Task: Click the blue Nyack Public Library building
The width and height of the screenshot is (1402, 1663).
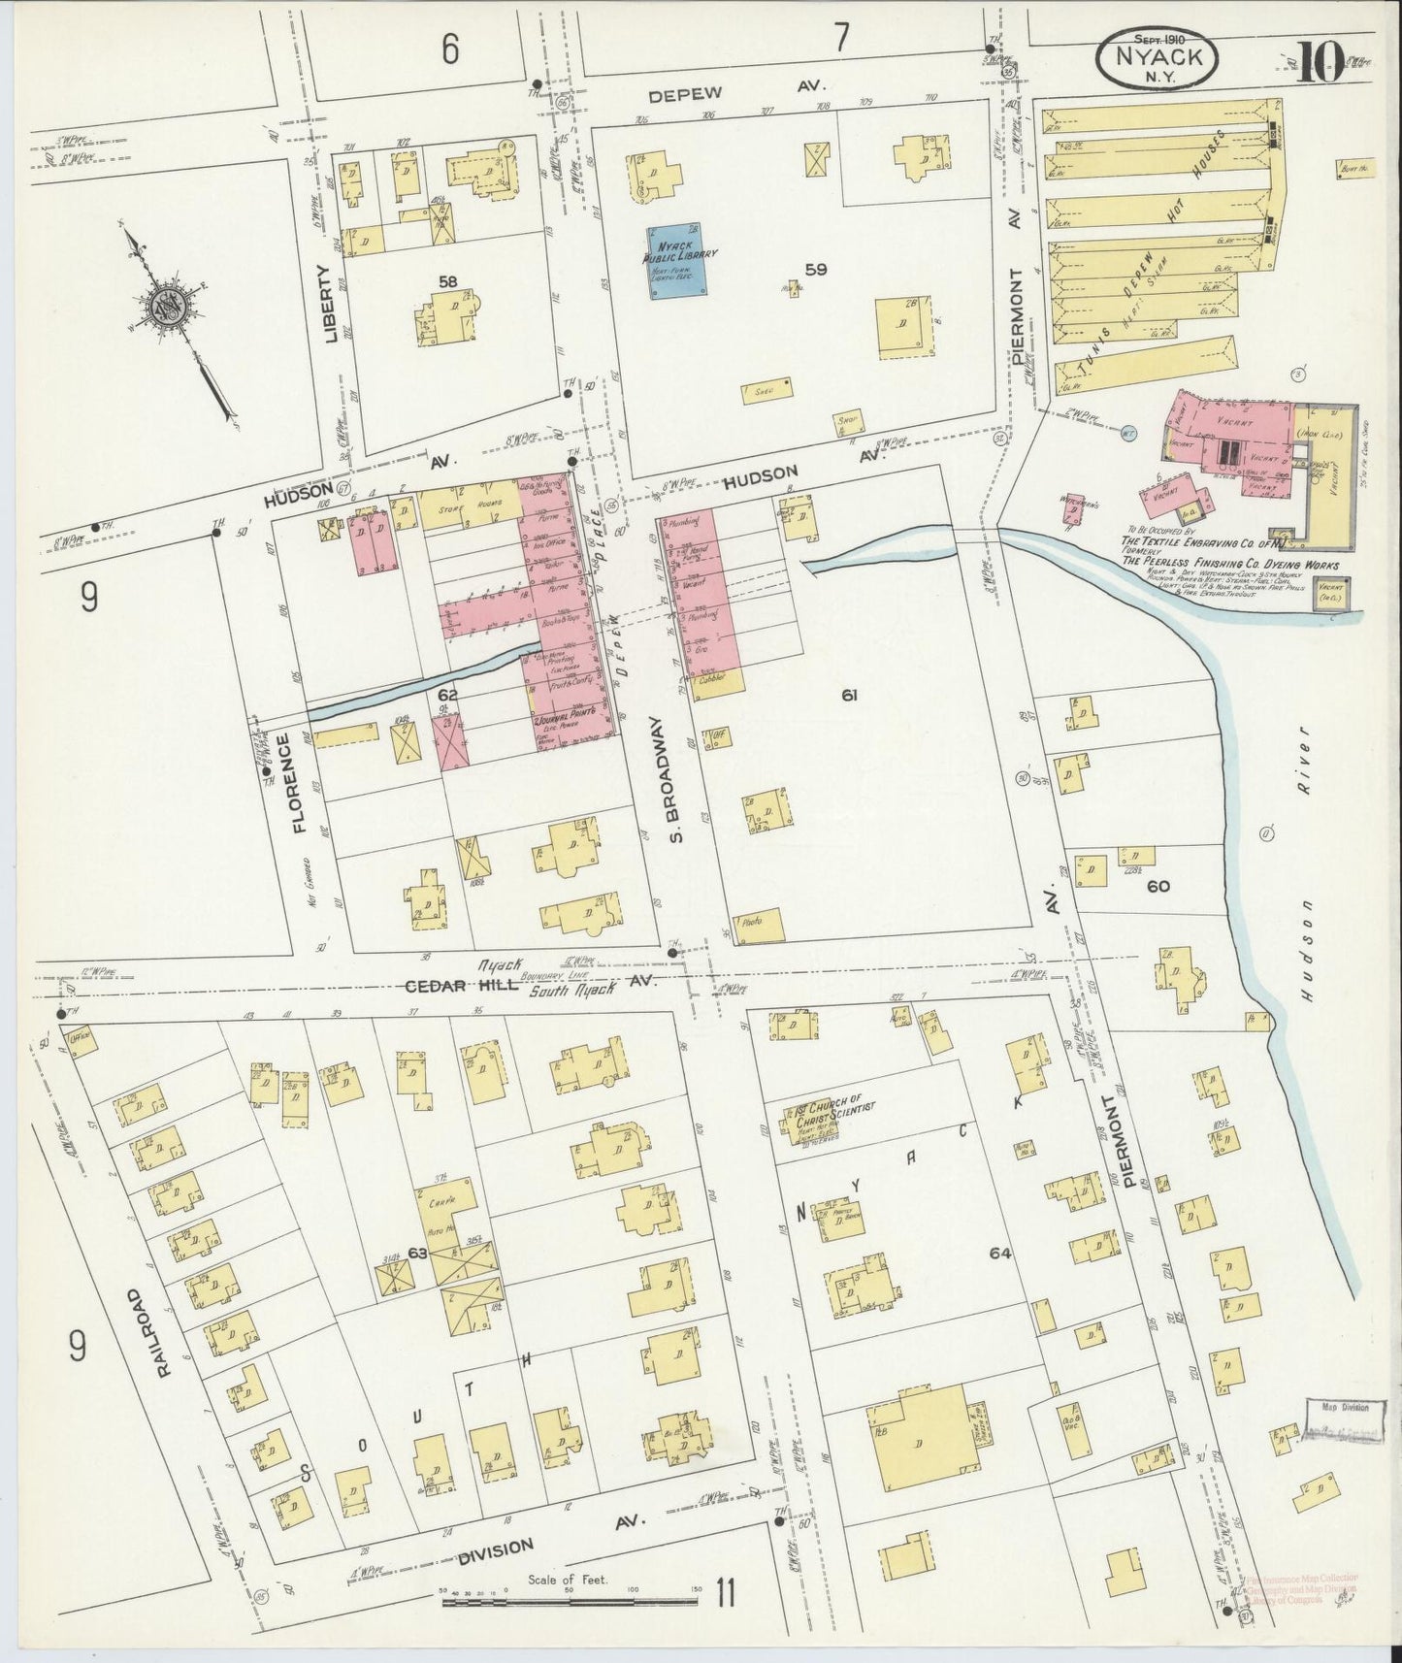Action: point(677,262)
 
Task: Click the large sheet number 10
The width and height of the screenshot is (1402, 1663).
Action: point(1317,62)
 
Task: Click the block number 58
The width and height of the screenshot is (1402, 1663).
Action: point(447,281)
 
